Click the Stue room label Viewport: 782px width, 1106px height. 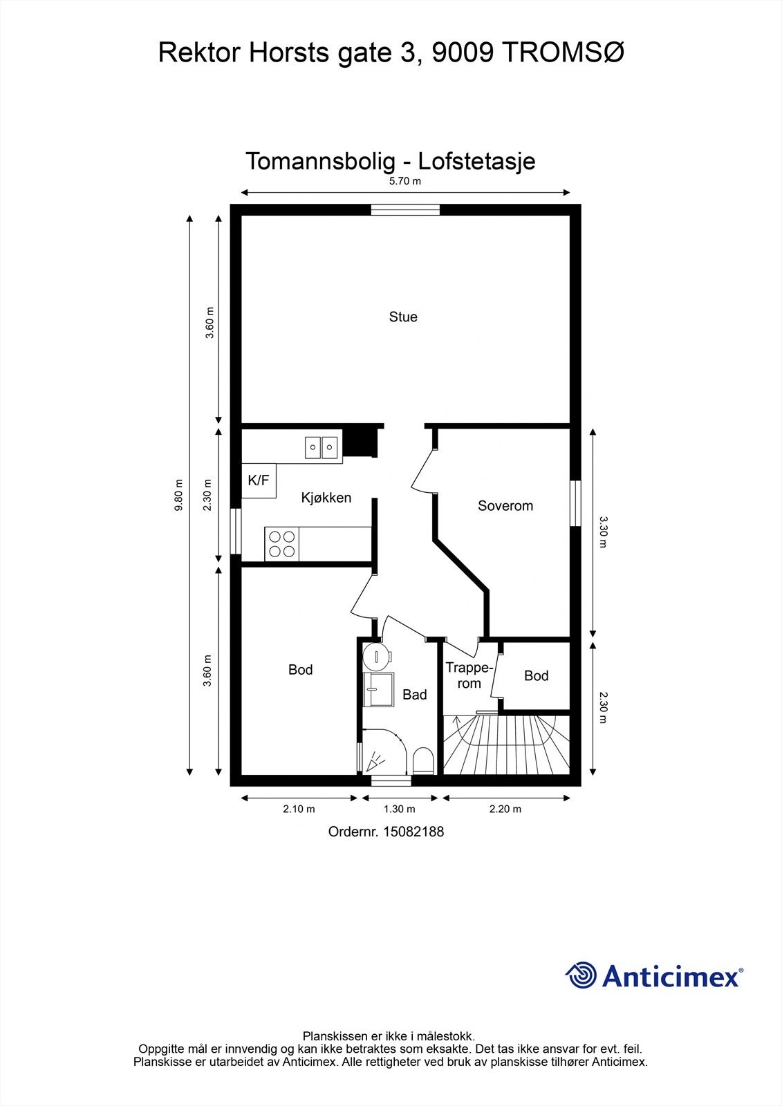(x=403, y=317)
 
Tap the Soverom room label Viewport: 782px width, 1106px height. (x=505, y=505)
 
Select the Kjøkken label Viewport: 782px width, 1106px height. (x=326, y=498)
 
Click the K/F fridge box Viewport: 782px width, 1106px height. (x=259, y=480)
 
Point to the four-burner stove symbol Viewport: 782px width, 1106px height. (x=281, y=543)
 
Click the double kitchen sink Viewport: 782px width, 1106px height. (x=321, y=448)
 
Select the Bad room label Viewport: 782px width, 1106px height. (x=414, y=695)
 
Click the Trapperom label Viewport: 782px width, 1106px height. (x=469, y=675)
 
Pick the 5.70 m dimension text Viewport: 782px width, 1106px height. (x=405, y=180)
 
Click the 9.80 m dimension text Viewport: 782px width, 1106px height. (x=179, y=495)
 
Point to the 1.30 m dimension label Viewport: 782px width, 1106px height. (x=399, y=809)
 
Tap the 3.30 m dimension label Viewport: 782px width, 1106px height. (x=603, y=532)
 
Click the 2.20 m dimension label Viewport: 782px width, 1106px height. (x=505, y=809)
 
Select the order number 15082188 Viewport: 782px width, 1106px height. (x=413, y=832)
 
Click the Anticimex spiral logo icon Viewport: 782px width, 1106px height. (x=581, y=975)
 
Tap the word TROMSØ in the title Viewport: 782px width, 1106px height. (x=563, y=53)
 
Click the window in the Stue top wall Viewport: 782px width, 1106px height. (x=405, y=210)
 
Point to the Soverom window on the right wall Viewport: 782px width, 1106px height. (x=575, y=503)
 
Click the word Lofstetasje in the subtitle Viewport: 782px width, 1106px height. (x=476, y=161)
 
